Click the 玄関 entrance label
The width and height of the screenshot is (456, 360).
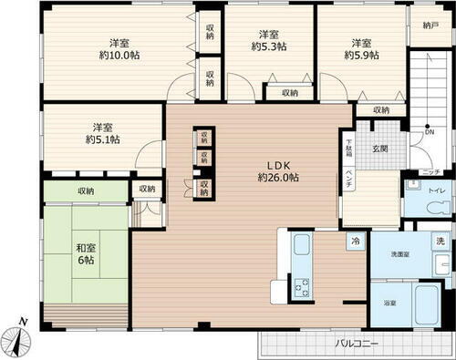380,149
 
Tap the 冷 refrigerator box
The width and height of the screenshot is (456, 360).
352,243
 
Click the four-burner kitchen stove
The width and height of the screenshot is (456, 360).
301,283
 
